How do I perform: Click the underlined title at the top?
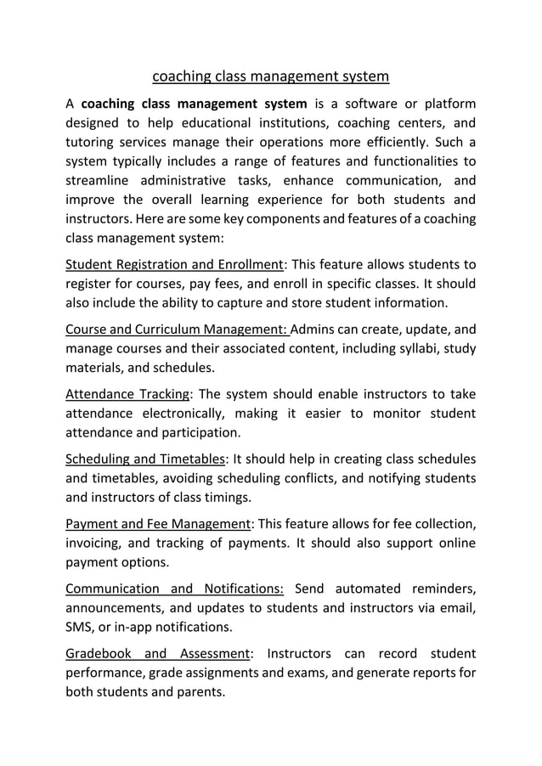pyautogui.click(x=270, y=77)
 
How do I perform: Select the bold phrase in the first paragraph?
pyautogui.click(x=195, y=104)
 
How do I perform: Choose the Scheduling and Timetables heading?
pyautogui.click(x=144, y=459)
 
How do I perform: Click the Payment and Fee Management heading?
pyautogui.click(x=158, y=524)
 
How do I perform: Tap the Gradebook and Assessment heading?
pyautogui.click(x=158, y=654)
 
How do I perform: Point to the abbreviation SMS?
pyautogui.click(x=81, y=628)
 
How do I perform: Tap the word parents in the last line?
pyautogui.click(x=199, y=691)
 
